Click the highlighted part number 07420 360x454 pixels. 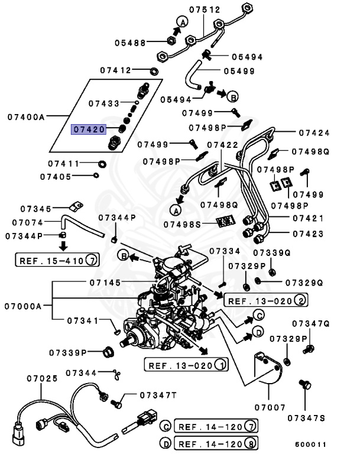[x=89, y=128]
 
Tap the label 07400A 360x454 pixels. [x=27, y=117]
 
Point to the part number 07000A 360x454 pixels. [x=23, y=306]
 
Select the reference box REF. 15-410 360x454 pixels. [x=57, y=259]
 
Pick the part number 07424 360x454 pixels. [x=314, y=133]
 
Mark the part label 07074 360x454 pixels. [x=27, y=223]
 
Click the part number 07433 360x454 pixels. [x=104, y=103]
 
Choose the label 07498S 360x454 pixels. [x=183, y=224]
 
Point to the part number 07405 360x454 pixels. [x=56, y=176]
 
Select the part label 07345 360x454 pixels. [x=35, y=208]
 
